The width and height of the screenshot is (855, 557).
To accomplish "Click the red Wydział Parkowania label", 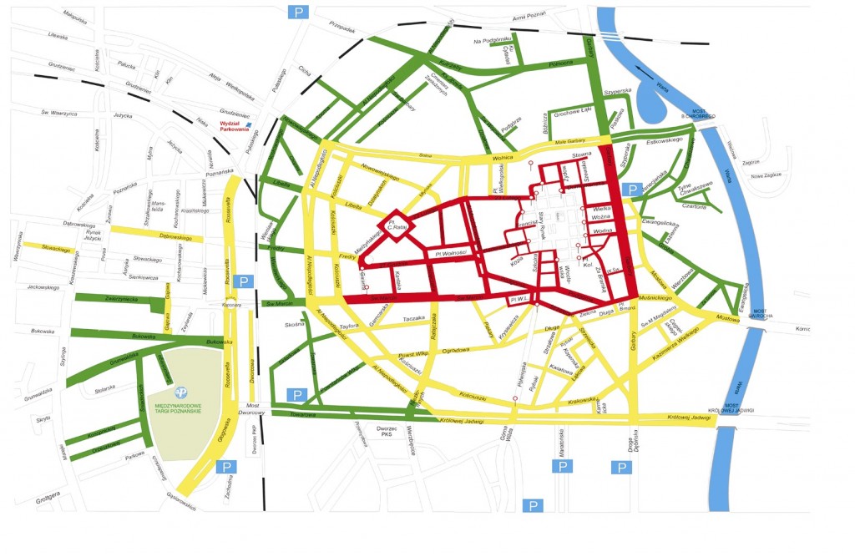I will pos(235,126).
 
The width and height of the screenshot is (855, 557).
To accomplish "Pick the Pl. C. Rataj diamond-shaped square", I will pos(392,225).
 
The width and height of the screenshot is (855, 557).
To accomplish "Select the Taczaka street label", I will pos(415,318).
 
